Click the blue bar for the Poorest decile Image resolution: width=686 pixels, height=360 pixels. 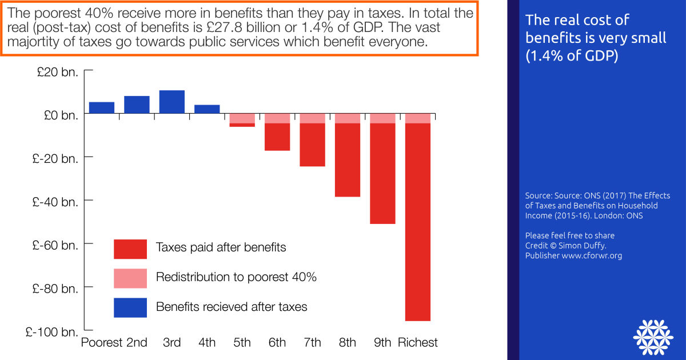coord(102,107)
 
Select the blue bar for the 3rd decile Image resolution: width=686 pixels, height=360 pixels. coord(172,102)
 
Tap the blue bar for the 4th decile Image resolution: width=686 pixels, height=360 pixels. coord(207,109)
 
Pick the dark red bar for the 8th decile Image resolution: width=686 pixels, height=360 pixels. coord(348,160)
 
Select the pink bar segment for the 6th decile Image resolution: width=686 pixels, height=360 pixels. coord(277,118)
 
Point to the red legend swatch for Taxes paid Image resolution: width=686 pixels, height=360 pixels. coord(130,249)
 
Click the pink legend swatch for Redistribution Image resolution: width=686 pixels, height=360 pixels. coord(130,278)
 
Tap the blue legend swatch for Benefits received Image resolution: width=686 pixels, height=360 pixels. coord(130,307)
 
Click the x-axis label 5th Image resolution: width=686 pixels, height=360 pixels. coord(242,343)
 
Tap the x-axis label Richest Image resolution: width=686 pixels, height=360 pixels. coord(418,343)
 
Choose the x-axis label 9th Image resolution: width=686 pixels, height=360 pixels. coord(382,343)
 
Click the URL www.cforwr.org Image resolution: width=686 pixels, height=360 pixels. coord(592,255)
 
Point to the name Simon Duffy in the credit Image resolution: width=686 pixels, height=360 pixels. coord(585,246)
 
